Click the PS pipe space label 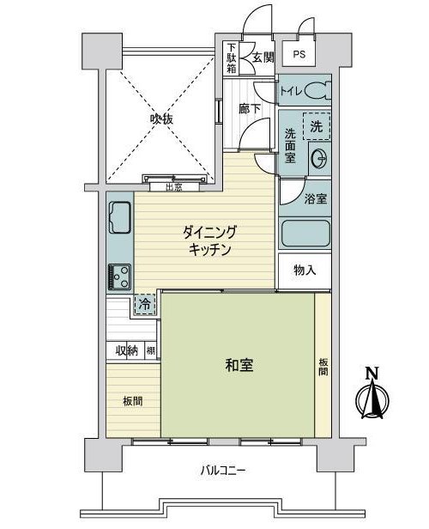coord(299,54)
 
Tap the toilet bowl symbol coord(318,91)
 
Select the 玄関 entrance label coord(263,58)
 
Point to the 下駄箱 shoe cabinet coord(231,58)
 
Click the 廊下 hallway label coord(250,108)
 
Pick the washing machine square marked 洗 coord(317,126)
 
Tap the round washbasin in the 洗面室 coord(320,159)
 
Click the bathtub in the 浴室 coord(305,233)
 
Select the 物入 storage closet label coord(305,271)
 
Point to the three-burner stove coord(119,277)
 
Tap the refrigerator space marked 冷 coord(145,305)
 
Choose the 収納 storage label coord(127,351)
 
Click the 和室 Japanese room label coord(239,365)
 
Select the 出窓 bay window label coord(174,187)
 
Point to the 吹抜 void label coord(161,119)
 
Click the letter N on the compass coord(372,373)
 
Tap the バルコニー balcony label coord(223,470)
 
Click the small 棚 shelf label coord(151,351)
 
